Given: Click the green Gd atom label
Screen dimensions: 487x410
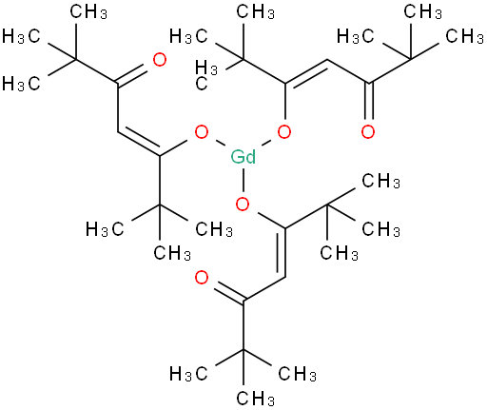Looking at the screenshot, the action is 243,157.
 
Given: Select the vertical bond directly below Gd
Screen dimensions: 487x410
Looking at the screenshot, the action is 243,181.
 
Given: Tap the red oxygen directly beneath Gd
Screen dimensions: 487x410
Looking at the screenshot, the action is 243,205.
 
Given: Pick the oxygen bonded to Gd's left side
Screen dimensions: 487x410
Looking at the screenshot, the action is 202,132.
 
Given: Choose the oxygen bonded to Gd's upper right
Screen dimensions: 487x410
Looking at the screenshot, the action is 284,132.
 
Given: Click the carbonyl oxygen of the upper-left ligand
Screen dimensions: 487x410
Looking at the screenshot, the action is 160,60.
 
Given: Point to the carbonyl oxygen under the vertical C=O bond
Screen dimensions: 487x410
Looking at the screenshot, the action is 368,132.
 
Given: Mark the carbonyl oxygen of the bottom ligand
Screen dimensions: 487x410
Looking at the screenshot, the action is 202,278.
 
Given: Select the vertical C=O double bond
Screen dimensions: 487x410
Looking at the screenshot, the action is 368,102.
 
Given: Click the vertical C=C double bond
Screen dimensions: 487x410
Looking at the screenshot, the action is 282,252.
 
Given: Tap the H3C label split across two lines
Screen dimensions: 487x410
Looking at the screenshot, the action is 206,75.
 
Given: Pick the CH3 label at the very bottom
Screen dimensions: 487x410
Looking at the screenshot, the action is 255,399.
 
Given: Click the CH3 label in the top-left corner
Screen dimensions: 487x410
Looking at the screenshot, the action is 88,12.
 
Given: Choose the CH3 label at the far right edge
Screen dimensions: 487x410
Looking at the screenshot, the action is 465,36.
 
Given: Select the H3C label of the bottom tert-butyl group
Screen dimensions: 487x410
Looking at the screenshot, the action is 188,374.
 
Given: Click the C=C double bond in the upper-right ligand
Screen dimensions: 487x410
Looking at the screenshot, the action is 307,73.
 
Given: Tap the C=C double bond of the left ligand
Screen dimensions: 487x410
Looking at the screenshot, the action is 139,142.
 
